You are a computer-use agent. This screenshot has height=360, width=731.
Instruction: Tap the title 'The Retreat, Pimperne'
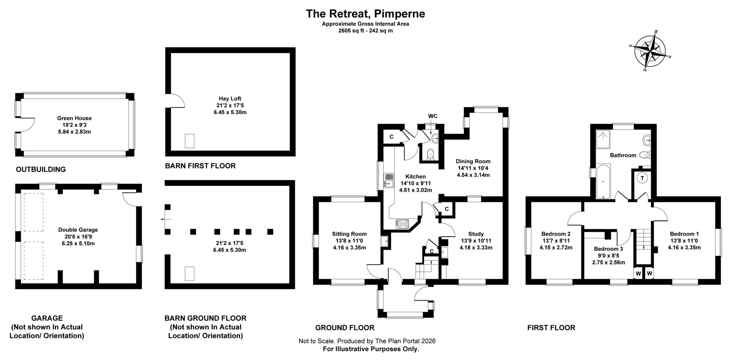coord(365,14)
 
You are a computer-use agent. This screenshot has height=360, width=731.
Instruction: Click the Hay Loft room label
coord(227,98)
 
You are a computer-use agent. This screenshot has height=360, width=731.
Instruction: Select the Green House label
coord(74,118)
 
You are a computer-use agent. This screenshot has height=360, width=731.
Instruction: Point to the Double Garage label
coord(78,230)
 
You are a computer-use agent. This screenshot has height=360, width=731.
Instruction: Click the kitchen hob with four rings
coord(402,224)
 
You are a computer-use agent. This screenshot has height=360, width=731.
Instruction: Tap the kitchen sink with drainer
coord(388,181)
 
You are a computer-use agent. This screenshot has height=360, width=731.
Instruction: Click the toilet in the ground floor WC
coord(431,154)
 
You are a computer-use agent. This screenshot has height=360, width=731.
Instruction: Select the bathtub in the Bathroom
coord(603,181)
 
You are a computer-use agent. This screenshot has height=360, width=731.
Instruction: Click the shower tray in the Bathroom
coord(603,139)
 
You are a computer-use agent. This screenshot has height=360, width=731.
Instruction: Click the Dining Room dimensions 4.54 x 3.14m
coord(473,175)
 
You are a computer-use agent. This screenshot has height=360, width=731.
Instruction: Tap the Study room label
coord(476,234)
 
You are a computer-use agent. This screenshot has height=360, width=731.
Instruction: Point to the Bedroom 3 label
coord(608,249)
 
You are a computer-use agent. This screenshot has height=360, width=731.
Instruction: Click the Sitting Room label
coord(349,234)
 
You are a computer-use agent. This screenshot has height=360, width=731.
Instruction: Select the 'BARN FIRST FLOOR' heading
coord(200,166)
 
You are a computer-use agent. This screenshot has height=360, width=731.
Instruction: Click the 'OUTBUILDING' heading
coord(41,169)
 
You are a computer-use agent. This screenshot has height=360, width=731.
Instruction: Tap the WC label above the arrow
coord(433,116)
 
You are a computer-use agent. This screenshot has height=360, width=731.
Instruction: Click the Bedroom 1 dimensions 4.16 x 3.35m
coord(684,247)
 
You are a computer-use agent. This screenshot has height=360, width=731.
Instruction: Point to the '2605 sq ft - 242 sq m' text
coord(365,31)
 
